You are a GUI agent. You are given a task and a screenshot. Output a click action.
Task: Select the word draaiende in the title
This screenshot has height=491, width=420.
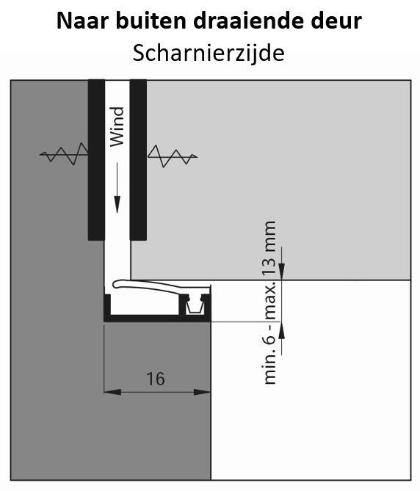tap(245, 21)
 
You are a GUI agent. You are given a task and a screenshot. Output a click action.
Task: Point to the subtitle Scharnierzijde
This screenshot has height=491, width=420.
tap(209, 54)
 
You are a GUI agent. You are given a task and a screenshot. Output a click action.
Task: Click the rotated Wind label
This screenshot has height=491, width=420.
tap(117, 127)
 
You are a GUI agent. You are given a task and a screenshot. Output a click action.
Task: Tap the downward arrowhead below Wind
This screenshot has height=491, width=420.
tap(117, 204)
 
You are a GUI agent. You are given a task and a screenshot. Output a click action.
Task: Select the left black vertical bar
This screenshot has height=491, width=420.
tap(96, 160)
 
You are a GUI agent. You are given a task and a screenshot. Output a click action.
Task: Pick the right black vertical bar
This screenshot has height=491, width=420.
tap(138, 160)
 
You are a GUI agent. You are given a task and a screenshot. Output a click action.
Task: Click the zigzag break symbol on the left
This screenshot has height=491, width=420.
tap(64, 154)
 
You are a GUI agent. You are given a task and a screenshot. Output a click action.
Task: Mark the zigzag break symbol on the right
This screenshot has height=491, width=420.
tap(173, 156)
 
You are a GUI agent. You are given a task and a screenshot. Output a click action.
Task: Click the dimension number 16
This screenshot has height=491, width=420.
tap(156, 379)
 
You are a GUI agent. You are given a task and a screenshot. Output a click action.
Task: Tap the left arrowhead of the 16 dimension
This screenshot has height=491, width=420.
tap(112, 392)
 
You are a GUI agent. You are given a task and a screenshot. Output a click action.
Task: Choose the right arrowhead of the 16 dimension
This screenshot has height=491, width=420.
tap(202, 392)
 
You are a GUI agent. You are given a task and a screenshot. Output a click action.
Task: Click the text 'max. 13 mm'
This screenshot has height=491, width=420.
tap(269, 270)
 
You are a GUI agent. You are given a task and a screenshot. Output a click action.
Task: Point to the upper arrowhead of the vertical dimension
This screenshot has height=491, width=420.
tap(281, 271)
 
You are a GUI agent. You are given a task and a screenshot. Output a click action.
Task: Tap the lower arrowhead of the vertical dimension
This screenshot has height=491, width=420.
tap(281, 330)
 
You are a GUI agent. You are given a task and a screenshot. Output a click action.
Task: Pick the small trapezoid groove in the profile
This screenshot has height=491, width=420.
tap(195, 306)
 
